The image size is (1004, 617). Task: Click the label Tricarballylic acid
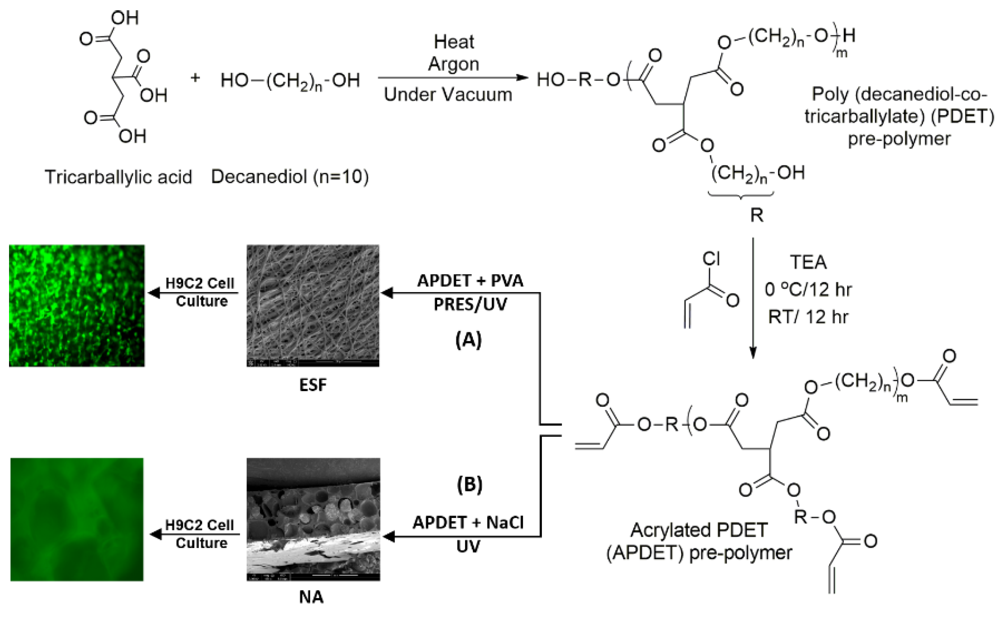118,177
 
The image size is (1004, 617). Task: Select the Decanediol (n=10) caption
290,177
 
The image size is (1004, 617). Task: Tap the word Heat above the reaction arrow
454,42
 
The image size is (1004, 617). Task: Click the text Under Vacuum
448,94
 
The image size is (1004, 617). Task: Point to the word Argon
454,64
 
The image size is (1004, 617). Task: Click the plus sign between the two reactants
195,78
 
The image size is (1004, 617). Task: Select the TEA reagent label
808,262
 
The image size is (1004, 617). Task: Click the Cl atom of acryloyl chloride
711,259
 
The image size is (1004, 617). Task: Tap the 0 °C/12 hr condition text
808,290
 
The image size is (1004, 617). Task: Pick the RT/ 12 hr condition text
808,317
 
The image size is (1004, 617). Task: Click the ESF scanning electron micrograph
313,305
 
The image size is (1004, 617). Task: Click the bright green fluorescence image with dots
77,305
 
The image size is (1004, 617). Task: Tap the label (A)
468,340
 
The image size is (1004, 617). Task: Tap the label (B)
469,485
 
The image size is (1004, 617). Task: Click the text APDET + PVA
470,281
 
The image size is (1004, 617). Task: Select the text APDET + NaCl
468,523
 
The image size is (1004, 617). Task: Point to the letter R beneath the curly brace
757,215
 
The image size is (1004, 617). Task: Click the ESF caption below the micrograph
313,385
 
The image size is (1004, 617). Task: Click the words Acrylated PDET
699,530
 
